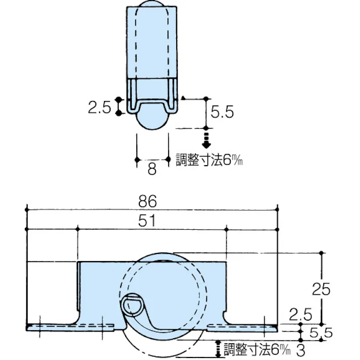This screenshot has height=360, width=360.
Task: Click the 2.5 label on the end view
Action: (x=99, y=108)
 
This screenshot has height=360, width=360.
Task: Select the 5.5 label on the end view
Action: (x=223, y=113)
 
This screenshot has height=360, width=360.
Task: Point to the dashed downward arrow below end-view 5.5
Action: (x=206, y=139)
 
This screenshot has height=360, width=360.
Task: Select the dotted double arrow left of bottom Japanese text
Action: (x=218, y=347)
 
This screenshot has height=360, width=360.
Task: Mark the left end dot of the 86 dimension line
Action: (x=28, y=209)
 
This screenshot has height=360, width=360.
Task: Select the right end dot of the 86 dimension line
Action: (x=277, y=209)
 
